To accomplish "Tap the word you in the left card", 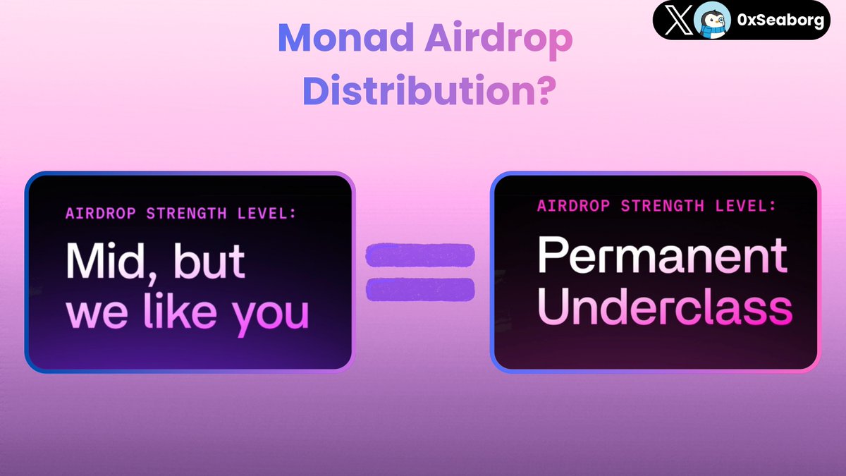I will [271, 315].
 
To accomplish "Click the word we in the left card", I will [96, 315].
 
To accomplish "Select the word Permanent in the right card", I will [662, 257].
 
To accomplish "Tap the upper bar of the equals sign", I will [419, 256].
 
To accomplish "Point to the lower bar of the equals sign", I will [419, 288].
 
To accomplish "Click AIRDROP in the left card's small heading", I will [94, 213].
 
